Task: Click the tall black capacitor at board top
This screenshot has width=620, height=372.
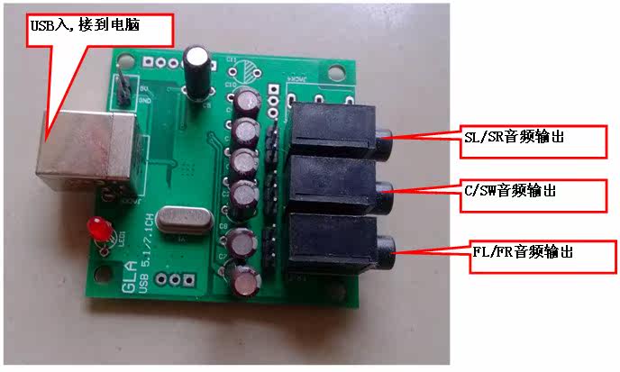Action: (198, 68)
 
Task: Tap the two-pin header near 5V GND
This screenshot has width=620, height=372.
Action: (121, 89)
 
